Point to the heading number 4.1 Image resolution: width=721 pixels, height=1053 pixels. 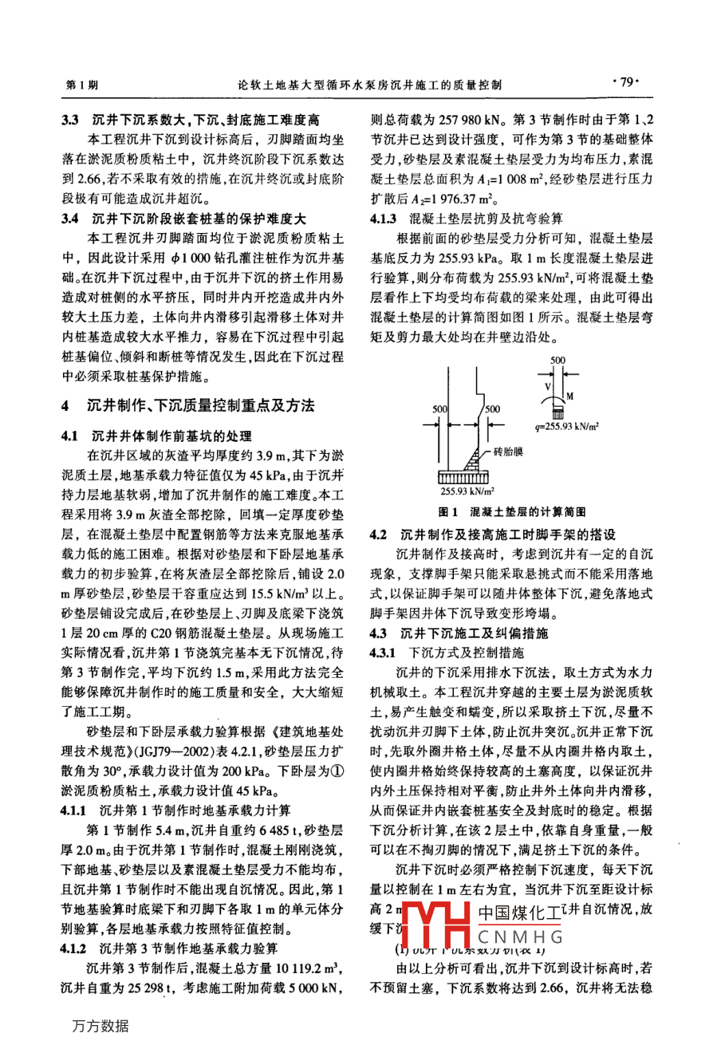pyautogui.click(x=70, y=436)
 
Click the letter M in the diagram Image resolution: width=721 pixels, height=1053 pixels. pyautogui.click(x=569, y=396)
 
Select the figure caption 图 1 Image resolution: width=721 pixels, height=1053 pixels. pyautogui.click(x=445, y=511)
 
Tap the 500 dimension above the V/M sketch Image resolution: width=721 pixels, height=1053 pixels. pyautogui.click(x=557, y=360)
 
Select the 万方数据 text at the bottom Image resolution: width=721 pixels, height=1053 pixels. pyautogui.click(x=99, y=1027)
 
